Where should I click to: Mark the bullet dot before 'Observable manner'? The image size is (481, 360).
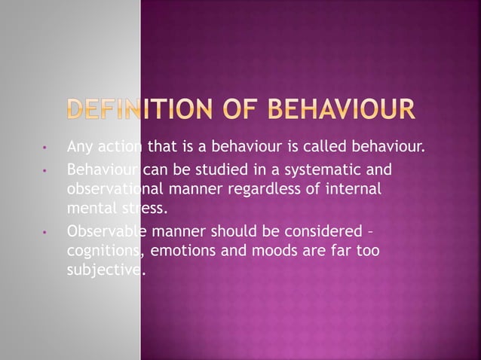[x=47, y=232]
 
